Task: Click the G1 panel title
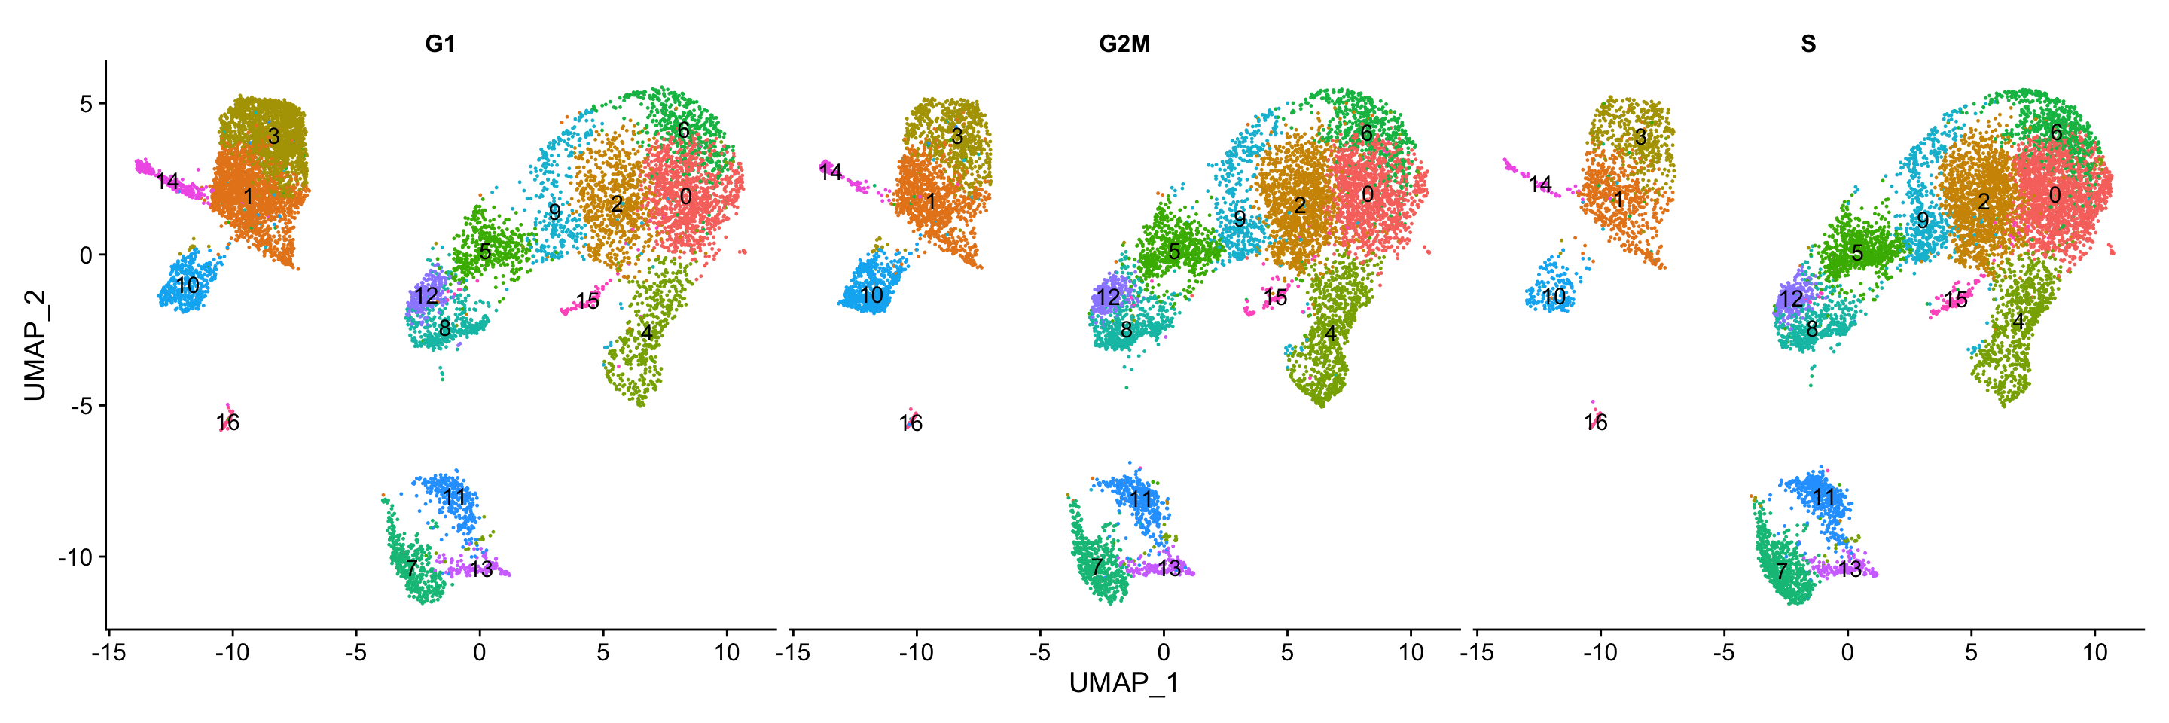(x=440, y=44)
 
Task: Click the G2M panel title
(x=1124, y=44)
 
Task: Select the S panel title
(x=1807, y=44)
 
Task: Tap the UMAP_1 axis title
(x=1124, y=682)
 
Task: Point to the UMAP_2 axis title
(x=35, y=345)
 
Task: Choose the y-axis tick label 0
(x=86, y=255)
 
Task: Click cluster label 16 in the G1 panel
(x=227, y=423)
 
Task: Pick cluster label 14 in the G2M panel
(x=830, y=172)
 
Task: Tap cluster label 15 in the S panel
(x=1955, y=300)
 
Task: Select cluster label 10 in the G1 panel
(x=188, y=285)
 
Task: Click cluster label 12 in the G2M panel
(x=1108, y=297)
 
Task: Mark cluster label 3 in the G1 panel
(x=273, y=136)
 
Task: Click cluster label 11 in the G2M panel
(x=1140, y=499)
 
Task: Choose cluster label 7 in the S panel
(x=1782, y=571)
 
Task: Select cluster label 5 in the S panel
(x=1856, y=252)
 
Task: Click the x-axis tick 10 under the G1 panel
(x=727, y=652)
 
